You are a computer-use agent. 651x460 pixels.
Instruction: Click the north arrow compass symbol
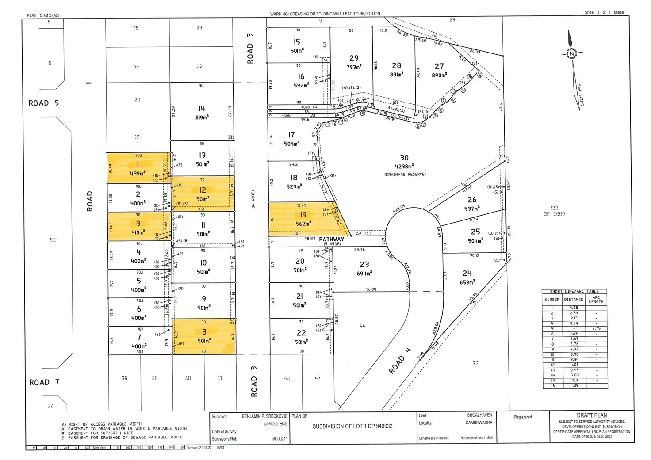[571, 53]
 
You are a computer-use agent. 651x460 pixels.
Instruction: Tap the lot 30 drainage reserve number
[404, 158]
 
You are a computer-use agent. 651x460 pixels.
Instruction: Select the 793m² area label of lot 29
[354, 67]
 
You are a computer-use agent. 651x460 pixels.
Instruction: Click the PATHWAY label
[331, 239]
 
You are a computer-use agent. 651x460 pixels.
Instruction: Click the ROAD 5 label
[43, 103]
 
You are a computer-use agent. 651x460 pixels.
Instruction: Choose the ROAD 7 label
[44, 382]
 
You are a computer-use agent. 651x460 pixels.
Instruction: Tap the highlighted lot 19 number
[303, 215]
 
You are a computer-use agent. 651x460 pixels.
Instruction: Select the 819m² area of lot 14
[202, 118]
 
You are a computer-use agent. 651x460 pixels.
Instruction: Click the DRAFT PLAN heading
[592, 415]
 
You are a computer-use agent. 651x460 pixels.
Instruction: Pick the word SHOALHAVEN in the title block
[479, 415]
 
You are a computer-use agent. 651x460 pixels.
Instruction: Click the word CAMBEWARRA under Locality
[479, 423]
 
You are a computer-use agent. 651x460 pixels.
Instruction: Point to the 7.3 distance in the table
[574, 380]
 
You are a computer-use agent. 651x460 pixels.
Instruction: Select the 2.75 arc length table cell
[596, 329]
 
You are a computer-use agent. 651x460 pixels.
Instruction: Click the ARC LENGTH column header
[596, 299]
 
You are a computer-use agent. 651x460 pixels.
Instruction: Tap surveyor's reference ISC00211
[279, 439]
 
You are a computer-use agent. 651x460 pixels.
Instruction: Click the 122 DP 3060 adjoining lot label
[554, 210]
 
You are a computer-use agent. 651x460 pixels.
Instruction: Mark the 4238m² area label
[404, 167]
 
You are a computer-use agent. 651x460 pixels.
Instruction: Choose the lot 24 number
[467, 274]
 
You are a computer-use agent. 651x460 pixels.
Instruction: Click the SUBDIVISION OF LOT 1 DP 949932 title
[352, 426]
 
